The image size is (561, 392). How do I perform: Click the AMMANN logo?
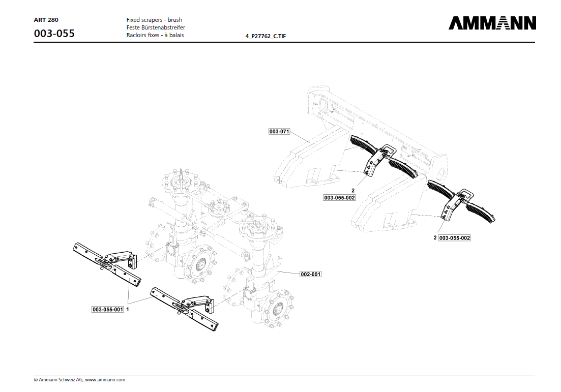492,23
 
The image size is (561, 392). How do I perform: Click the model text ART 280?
46,20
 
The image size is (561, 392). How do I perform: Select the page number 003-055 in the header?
54,34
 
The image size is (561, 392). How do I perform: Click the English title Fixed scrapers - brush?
154,20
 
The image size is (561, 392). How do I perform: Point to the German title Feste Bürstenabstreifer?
156,27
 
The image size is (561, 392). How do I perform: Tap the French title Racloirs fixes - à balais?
155,35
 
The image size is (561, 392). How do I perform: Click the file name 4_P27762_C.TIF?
269,37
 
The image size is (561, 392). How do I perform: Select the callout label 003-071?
279,132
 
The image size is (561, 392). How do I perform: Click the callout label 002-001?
311,274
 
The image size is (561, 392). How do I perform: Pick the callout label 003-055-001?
108,309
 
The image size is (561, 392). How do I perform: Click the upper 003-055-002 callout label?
339,197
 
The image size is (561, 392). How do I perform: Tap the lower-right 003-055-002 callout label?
454,238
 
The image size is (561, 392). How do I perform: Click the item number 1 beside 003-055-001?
127,309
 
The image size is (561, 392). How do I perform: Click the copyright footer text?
79,380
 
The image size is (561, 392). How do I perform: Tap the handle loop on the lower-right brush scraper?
466,194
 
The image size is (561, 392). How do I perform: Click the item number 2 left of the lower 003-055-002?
435,238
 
